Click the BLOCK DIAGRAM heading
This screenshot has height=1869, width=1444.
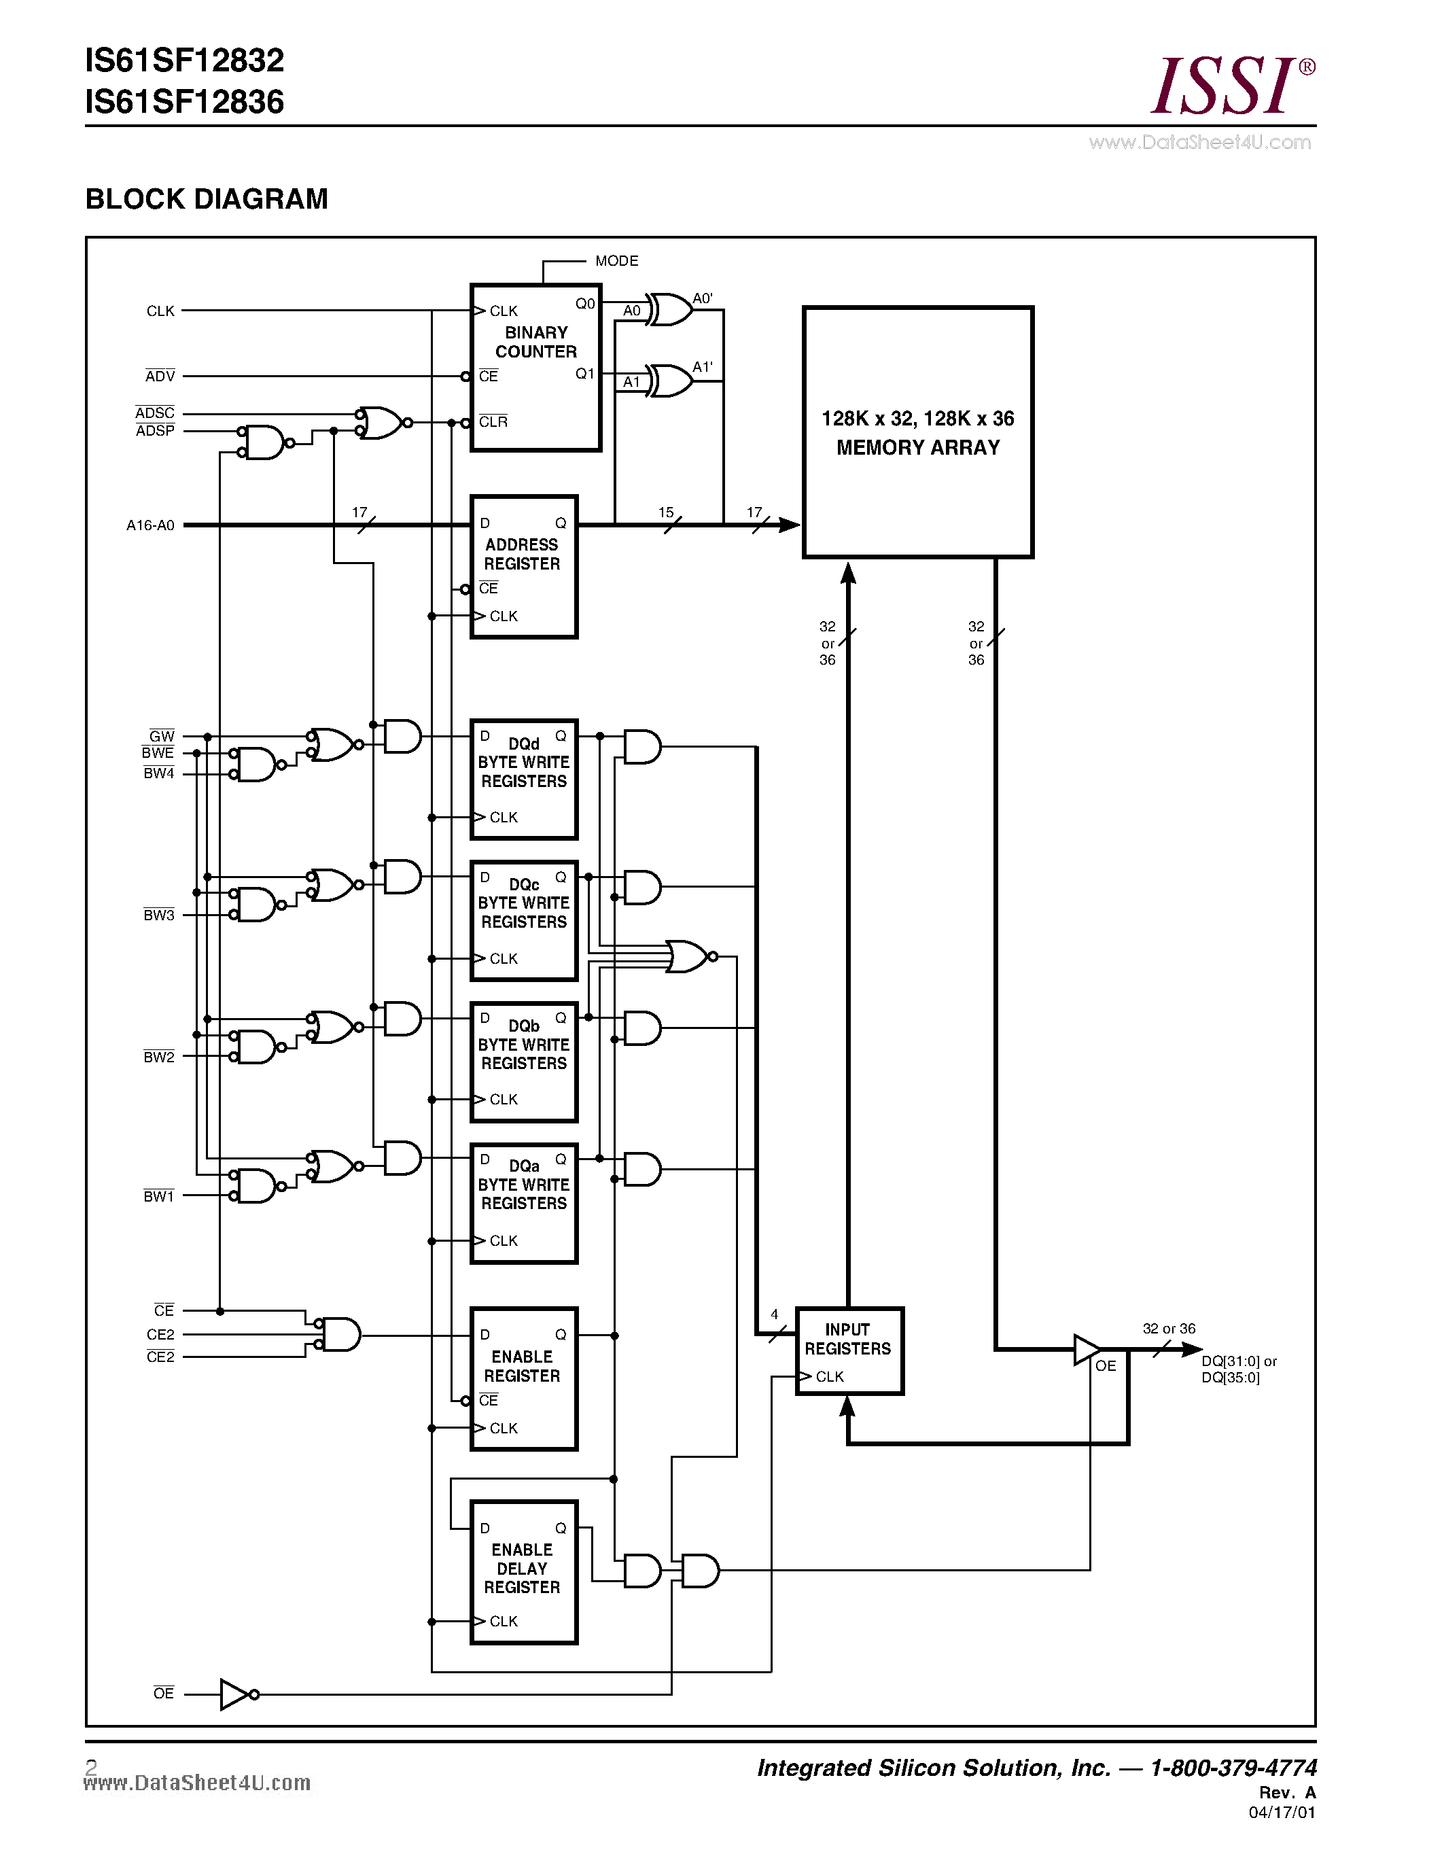(206, 198)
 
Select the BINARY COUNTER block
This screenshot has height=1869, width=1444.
(535, 366)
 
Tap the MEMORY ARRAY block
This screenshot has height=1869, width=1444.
(917, 432)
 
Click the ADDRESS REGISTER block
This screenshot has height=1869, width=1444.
(523, 567)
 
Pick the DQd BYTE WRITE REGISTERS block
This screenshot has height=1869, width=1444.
(523, 779)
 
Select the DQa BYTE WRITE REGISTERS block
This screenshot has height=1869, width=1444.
(523, 1202)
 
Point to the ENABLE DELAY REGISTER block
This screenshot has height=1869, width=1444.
(523, 1572)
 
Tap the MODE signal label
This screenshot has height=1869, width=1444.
(616, 261)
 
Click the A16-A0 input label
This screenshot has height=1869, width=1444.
(151, 525)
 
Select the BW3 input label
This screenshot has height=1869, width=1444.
(159, 915)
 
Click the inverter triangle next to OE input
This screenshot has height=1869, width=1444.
(234, 1694)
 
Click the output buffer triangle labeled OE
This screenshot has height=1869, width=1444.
(1087, 1350)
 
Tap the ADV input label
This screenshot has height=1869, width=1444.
(160, 377)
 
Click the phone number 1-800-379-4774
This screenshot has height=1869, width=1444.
(1233, 1768)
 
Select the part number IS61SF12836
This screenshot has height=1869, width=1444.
(185, 103)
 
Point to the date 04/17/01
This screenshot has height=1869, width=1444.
(1282, 1813)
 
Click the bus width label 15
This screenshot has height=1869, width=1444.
(665, 512)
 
